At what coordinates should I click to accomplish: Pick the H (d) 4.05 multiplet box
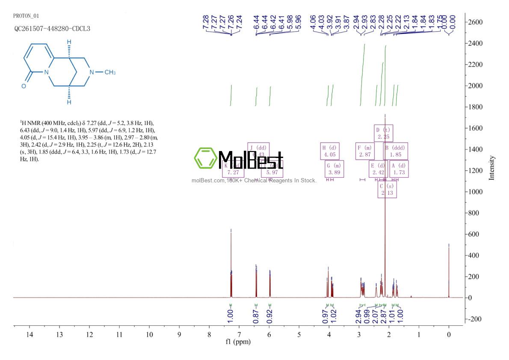click(x=330, y=151)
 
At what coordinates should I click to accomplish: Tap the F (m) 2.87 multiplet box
click(x=365, y=151)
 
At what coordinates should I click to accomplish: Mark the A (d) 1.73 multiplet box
click(x=398, y=169)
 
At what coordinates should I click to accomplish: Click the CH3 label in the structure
click(x=110, y=72)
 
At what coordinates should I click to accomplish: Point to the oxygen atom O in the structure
click(x=24, y=86)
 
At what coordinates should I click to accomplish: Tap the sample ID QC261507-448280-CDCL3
click(x=52, y=29)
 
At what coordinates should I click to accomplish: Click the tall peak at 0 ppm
click(x=449, y=270)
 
